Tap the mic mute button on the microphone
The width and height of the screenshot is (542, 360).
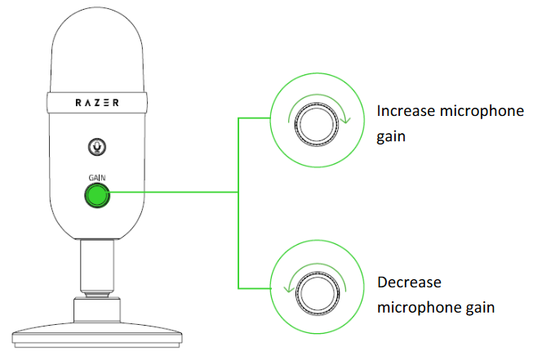tap(97, 147)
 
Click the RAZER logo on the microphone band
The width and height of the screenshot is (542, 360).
tap(97, 104)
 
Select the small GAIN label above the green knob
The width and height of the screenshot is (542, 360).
tap(97, 177)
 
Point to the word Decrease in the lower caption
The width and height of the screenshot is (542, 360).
tap(409, 282)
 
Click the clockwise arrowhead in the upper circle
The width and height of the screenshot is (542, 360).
tap(347, 122)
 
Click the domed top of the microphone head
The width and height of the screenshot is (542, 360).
tap(97, 33)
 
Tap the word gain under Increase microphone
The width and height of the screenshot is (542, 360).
tap(392, 137)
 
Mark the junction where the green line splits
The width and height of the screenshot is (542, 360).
tap(238, 193)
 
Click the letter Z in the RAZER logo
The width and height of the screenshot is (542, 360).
tap(97, 104)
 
